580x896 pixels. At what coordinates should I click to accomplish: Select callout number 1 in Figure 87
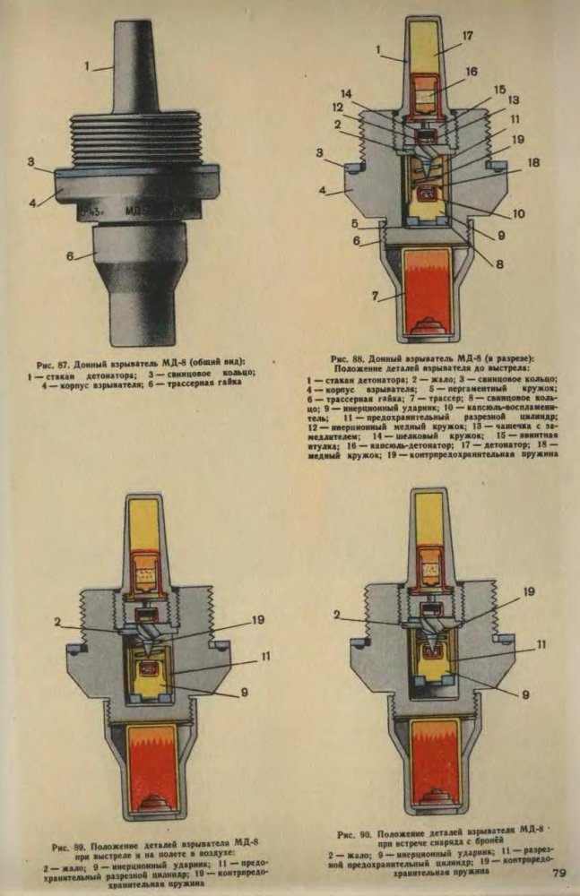click(x=88, y=65)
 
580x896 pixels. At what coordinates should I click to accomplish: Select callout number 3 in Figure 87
click(x=30, y=163)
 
